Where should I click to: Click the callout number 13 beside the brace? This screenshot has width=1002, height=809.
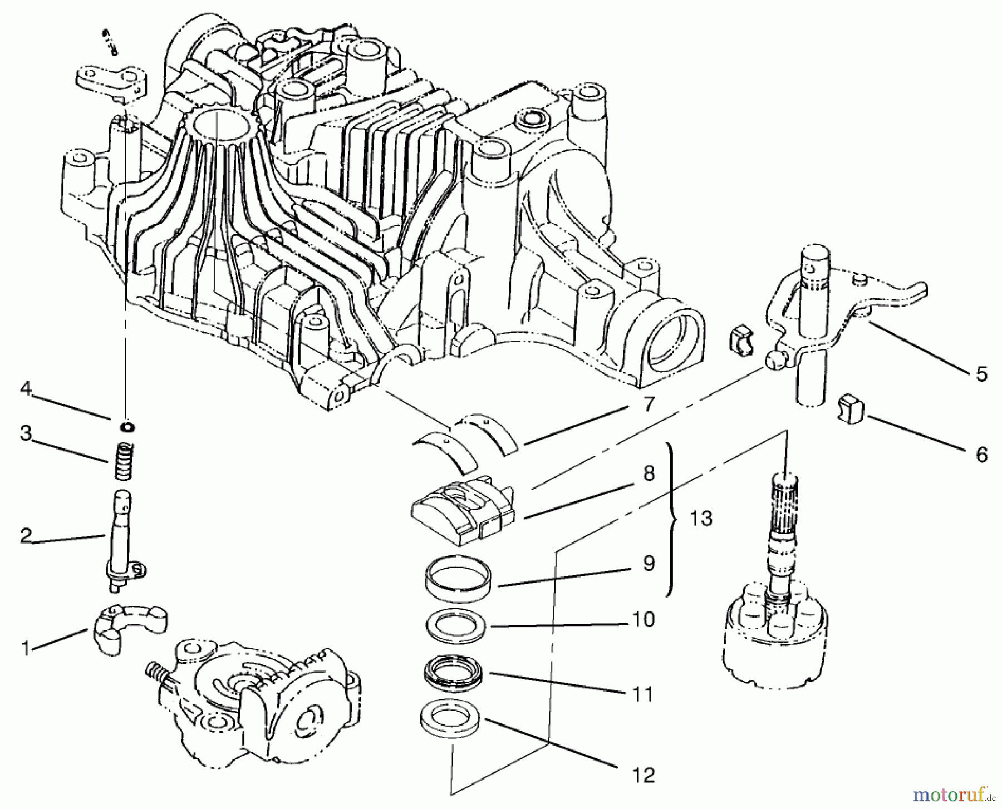pos(701,519)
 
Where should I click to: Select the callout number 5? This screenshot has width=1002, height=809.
pos(981,374)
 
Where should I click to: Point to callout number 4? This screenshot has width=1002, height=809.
pos(26,388)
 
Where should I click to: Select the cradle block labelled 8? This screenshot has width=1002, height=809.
pos(462,508)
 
